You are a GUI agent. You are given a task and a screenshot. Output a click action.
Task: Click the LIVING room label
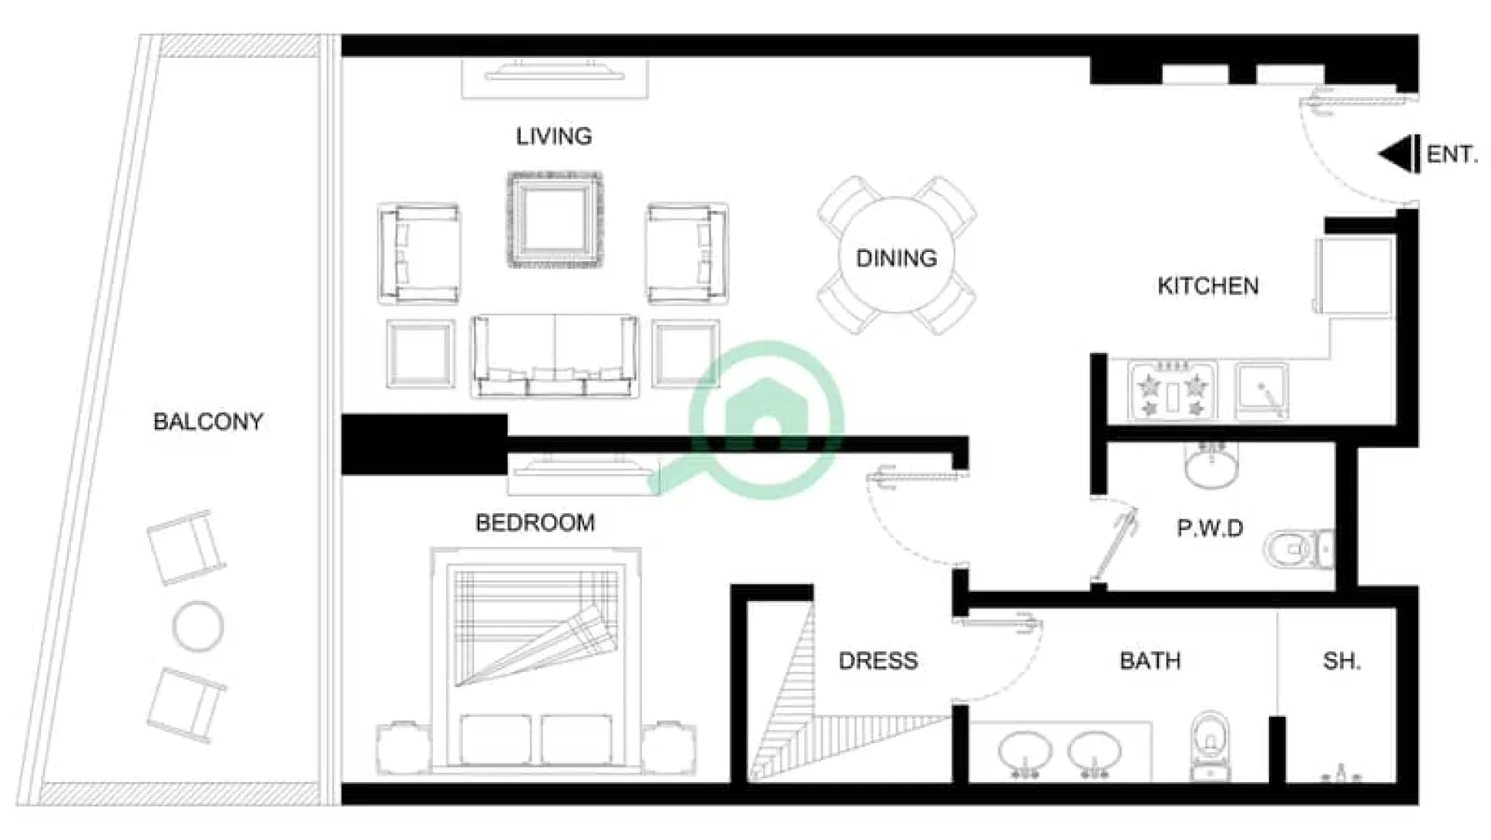click(553, 137)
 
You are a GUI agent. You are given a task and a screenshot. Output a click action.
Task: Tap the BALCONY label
click(208, 422)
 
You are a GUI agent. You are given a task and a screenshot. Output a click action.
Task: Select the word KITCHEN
click(1208, 286)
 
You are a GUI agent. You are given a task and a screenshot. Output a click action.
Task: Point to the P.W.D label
click(1210, 528)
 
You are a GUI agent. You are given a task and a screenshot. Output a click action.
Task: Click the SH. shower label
click(1341, 661)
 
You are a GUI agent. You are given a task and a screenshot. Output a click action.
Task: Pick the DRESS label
click(878, 661)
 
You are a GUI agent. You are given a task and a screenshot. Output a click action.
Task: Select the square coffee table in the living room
click(554, 220)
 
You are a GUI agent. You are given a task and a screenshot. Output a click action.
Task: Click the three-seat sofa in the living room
click(554, 355)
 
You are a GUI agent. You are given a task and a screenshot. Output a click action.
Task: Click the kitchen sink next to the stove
click(1261, 391)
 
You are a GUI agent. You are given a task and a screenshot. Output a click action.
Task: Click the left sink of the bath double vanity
click(1025, 752)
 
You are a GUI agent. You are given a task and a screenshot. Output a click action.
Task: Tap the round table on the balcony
click(198, 627)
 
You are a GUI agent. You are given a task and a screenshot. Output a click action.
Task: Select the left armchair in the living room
click(418, 254)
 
